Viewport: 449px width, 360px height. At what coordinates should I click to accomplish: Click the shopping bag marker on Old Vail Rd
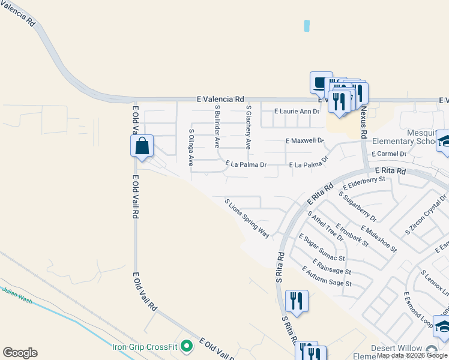pyautogui.click(x=142, y=146)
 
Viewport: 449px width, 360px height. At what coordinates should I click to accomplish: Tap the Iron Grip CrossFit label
pyautogui.click(x=146, y=346)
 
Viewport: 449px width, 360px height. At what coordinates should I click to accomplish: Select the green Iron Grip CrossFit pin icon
pyautogui.click(x=187, y=346)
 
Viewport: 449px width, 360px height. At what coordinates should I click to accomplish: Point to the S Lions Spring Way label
pyautogui.click(x=247, y=219)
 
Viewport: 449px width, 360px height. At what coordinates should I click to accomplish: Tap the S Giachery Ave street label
pyautogui.click(x=248, y=127)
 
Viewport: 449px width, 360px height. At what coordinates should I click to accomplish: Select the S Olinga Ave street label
pyautogui.click(x=191, y=147)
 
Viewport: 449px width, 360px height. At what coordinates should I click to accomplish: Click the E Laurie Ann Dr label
pyautogui.click(x=297, y=111)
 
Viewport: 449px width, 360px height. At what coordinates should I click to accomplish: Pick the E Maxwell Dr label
pyautogui.click(x=304, y=141)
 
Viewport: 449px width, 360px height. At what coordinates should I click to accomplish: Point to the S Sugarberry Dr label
pyautogui.click(x=357, y=206)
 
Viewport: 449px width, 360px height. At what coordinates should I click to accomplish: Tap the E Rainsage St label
pyautogui.click(x=331, y=266)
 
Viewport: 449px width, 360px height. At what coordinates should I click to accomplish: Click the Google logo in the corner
pyautogui.click(x=20, y=353)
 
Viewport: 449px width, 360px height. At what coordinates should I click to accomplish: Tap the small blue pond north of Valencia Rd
pyautogui.click(x=307, y=26)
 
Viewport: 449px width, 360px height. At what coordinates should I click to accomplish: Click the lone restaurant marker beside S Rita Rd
pyautogui.click(x=297, y=300)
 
